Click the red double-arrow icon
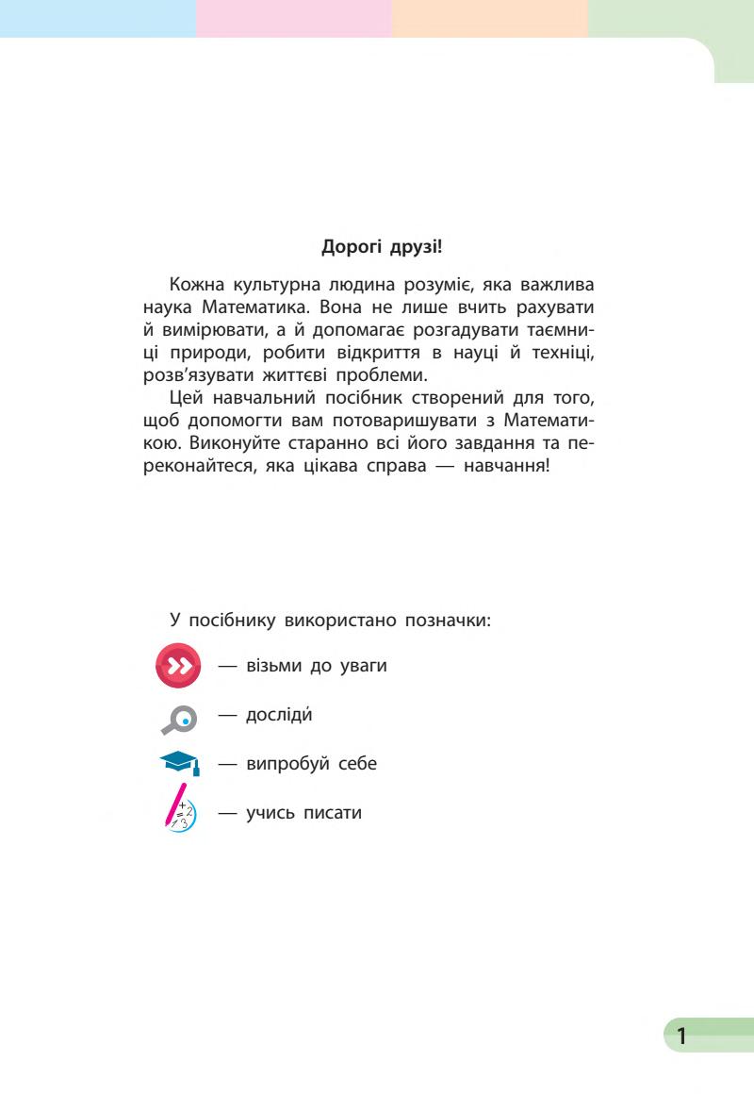click(x=179, y=666)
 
